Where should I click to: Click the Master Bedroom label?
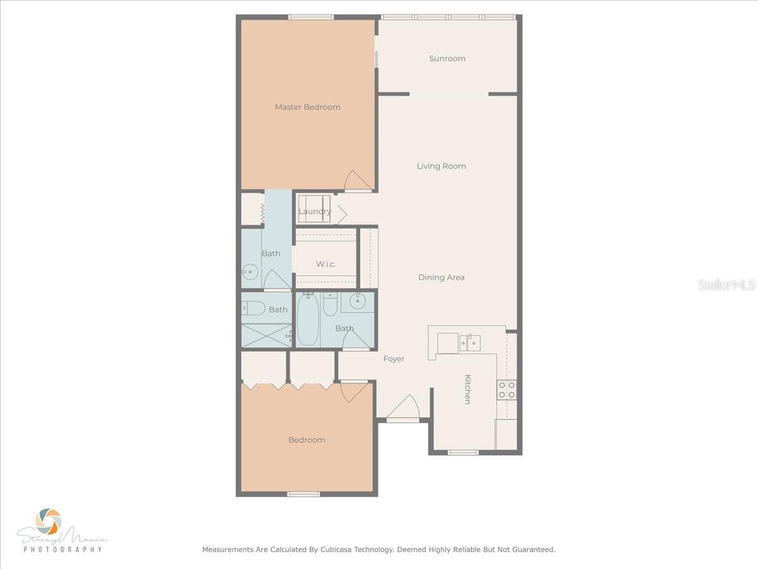click(308, 107)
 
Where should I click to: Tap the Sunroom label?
click(447, 58)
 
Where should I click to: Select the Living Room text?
click(442, 166)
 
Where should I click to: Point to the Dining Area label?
click(442, 277)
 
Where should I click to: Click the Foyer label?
click(394, 358)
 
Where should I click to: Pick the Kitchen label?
click(467, 389)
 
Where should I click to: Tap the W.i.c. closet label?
click(326, 264)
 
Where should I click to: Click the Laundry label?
click(315, 211)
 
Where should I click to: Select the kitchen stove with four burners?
click(507, 389)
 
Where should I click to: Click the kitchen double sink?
click(469, 343)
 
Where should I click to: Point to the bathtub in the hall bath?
click(308, 320)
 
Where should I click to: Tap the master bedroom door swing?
click(357, 181)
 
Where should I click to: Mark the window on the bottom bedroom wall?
click(303, 494)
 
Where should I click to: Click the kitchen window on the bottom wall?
click(463, 452)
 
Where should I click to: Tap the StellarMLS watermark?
click(726, 285)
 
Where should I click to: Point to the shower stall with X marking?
click(266, 335)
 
